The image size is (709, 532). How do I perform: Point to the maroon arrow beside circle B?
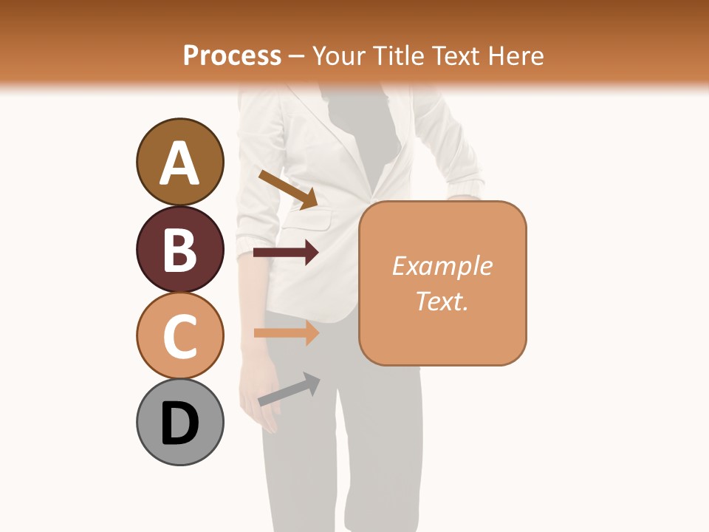click(286, 253)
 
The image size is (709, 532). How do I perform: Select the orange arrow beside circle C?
click(286, 332)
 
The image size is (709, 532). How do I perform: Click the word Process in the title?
click(232, 55)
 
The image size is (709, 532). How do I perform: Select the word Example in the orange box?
click(442, 266)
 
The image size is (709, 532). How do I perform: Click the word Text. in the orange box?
click(442, 301)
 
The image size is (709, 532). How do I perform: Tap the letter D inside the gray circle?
click(179, 423)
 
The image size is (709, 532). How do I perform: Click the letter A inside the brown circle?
click(179, 163)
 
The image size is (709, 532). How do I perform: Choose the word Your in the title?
click(340, 55)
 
